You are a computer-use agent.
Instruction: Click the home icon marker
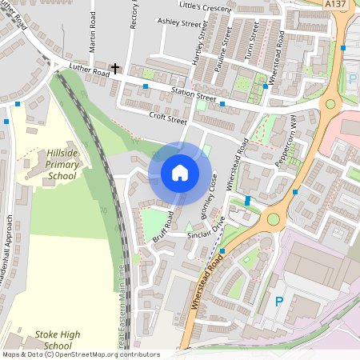180,173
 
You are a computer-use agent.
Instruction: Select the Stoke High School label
58,339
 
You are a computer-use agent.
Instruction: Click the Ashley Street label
179,23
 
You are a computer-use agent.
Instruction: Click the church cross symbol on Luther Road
116,69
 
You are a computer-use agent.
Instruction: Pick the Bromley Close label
210,195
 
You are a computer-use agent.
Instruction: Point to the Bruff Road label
163,228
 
